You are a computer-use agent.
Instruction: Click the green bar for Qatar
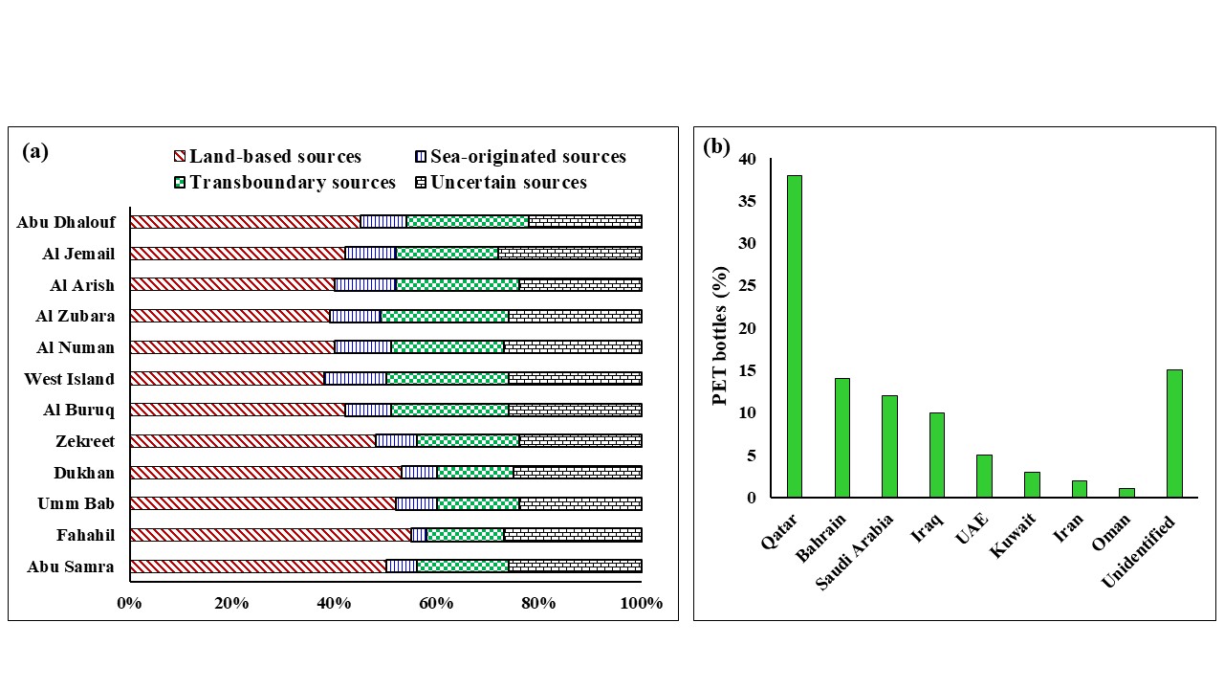click(794, 336)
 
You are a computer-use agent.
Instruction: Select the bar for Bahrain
click(841, 437)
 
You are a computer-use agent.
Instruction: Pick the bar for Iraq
click(936, 455)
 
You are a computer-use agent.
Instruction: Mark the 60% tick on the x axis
click(436, 604)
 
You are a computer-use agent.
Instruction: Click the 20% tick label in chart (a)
click(231, 604)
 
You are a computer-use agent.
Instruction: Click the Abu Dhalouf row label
click(66, 222)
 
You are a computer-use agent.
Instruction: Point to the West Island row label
click(69, 379)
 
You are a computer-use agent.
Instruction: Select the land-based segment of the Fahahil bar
click(270, 535)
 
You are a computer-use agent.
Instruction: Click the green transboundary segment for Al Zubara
click(445, 316)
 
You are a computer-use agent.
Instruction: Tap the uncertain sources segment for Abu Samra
click(575, 567)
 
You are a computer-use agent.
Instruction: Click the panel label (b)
click(716, 146)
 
